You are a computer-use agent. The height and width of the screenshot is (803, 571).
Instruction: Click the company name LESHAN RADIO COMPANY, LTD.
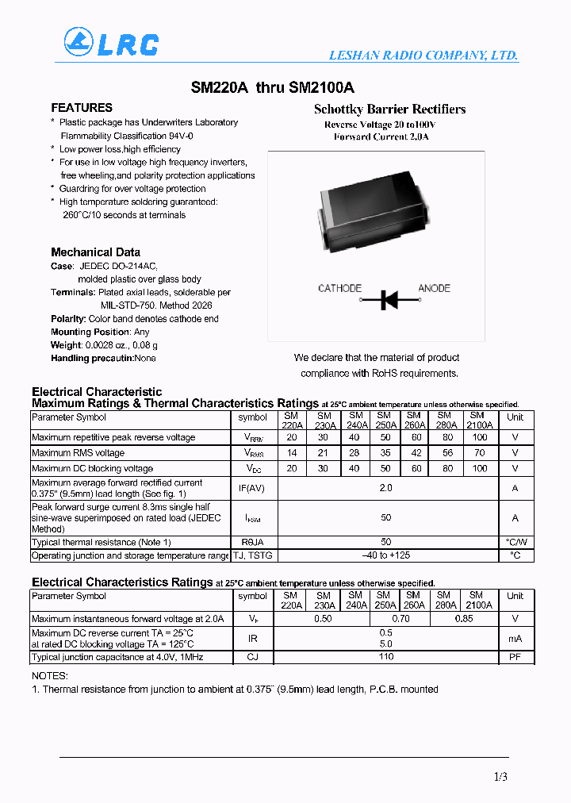click(x=423, y=56)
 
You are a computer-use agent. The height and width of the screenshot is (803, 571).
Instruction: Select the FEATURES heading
click(x=82, y=108)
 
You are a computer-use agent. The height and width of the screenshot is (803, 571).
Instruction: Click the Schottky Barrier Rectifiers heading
click(x=389, y=109)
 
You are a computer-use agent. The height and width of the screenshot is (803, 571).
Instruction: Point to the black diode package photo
click(x=389, y=214)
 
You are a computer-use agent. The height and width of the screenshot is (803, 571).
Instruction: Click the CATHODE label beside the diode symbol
click(x=339, y=288)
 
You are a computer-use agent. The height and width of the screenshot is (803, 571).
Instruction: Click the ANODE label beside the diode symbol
click(x=434, y=288)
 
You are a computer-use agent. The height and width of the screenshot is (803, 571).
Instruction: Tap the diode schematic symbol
click(x=389, y=300)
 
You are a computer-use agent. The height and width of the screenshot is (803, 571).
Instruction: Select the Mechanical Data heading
click(x=95, y=252)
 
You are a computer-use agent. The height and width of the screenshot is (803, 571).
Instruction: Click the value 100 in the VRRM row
click(x=479, y=437)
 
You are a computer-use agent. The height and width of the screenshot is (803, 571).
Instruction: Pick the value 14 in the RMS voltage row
click(x=292, y=453)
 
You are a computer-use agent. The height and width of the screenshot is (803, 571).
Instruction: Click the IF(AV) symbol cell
click(x=252, y=488)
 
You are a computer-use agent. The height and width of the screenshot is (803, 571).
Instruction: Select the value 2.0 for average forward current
click(x=385, y=488)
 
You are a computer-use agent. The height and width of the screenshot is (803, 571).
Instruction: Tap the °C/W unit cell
click(x=515, y=542)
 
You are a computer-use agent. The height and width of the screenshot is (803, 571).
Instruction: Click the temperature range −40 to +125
click(x=385, y=555)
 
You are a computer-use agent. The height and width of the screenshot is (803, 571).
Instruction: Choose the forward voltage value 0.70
click(x=401, y=618)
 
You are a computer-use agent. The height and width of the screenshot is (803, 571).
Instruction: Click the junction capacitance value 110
click(x=385, y=656)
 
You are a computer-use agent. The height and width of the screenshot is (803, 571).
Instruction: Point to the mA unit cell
click(x=515, y=637)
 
